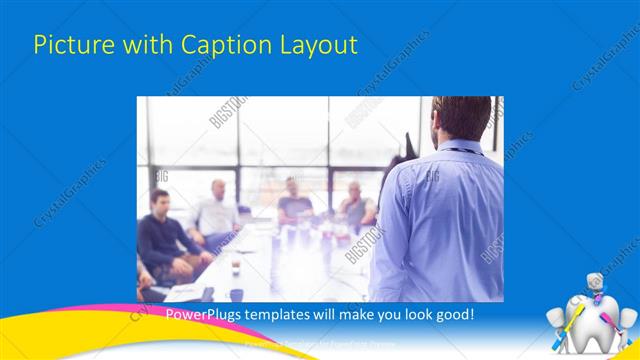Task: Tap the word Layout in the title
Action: pyautogui.click(x=314, y=46)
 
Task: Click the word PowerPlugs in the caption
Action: pyautogui.click(x=199, y=314)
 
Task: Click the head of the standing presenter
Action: pyautogui.click(x=462, y=119)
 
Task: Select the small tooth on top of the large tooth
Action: pyautogui.click(x=596, y=284)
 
